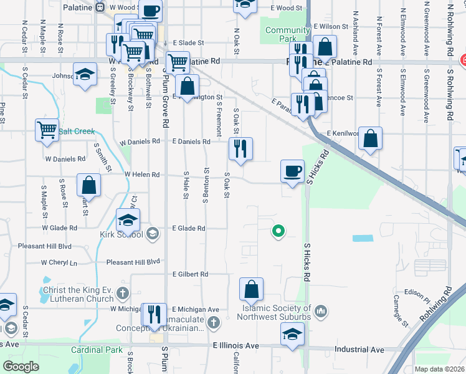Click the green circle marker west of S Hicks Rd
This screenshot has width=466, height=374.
click(x=278, y=232)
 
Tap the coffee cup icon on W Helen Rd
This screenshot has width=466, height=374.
click(x=292, y=171)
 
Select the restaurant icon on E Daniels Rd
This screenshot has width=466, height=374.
click(x=240, y=149)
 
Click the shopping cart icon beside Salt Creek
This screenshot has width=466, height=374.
click(x=47, y=130)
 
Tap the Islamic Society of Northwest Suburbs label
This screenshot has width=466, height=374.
click(x=275, y=312)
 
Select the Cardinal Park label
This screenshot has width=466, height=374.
click(x=97, y=350)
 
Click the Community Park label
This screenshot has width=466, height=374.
click(x=287, y=34)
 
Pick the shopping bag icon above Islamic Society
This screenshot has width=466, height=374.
click(x=252, y=289)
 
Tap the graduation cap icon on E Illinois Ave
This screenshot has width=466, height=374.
click(x=292, y=335)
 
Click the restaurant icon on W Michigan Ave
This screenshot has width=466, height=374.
click(x=153, y=314)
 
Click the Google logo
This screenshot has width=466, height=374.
click(x=21, y=366)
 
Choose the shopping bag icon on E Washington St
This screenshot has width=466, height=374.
click(x=187, y=87)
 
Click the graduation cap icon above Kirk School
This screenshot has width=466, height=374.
click(x=128, y=220)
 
